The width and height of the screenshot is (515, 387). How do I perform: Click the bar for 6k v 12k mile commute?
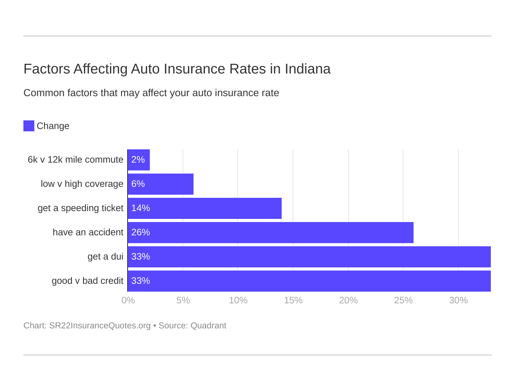pyautogui.click(x=139, y=160)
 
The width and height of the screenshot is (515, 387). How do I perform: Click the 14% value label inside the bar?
pyautogui.click(x=140, y=208)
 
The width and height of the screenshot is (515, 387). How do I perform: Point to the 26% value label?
pyautogui.click(x=140, y=233)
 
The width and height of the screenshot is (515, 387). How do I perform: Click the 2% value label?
pyautogui.click(x=138, y=160)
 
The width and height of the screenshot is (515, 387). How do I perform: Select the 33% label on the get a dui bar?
pyautogui.click(x=140, y=257)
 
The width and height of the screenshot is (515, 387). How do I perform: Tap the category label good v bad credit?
pyautogui.click(x=87, y=281)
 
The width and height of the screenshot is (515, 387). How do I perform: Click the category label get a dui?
pyautogui.click(x=105, y=257)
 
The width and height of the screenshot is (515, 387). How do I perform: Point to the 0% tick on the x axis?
pyautogui.click(x=128, y=301)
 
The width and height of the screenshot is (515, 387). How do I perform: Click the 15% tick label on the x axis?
pyautogui.click(x=293, y=301)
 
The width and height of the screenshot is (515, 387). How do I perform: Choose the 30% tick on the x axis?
pyautogui.click(x=458, y=301)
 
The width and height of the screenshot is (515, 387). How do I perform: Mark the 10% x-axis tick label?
pyautogui.click(x=238, y=301)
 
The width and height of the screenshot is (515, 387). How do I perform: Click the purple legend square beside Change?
pyautogui.click(x=29, y=126)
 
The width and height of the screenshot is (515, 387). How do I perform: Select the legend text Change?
pyautogui.click(x=53, y=126)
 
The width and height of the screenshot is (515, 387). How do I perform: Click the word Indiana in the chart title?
pyautogui.click(x=307, y=69)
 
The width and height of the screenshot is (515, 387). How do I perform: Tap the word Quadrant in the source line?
pyautogui.click(x=208, y=326)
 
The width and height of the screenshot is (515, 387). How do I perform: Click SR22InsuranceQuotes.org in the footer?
pyautogui.click(x=100, y=326)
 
